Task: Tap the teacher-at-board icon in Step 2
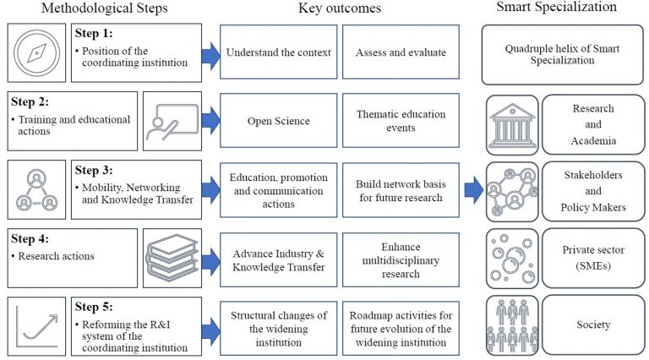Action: pyautogui.click(x=172, y=121)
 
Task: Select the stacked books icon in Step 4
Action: pyautogui.click(x=172, y=257)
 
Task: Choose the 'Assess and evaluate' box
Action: pyautogui.click(x=401, y=52)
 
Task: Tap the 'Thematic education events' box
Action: pyautogui.click(x=401, y=121)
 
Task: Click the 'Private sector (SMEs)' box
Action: pyautogui.click(x=592, y=257)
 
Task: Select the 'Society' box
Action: pyautogui.click(x=592, y=325)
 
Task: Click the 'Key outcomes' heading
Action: pyautogui.click(x=341, y=8)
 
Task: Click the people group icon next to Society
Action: pyautogui.click(x=512, y=325)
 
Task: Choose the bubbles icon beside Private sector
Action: pyautogui.click(x=512, y=257)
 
